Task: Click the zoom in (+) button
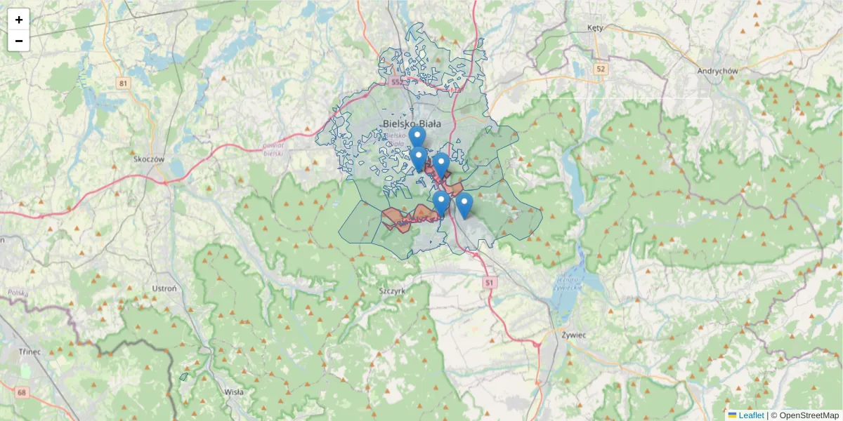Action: pos(19,20)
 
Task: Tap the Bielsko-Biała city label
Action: pos(412,124)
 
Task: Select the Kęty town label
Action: pos(595,27)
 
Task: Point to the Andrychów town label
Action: pos(717,71)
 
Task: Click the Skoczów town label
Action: pos(148,159)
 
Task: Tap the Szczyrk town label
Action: pos(391,289)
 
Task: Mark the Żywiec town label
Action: pos(574,335)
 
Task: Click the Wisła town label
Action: pos(233,392)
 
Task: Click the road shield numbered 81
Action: pos(124,83)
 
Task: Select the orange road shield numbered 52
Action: pos(600,69)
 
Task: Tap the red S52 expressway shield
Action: pos(398,82)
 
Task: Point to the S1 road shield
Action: pos(490,282)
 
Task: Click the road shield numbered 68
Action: pos(22,392)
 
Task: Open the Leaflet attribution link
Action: pos(750,415)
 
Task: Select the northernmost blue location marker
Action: pos(417,136)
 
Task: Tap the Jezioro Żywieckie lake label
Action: pos(567,283)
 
